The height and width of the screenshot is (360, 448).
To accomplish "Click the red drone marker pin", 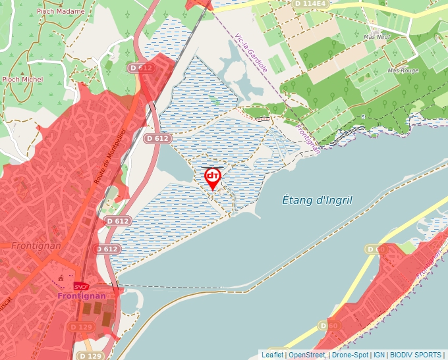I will coord(213,177).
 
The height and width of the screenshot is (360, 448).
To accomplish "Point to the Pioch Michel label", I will coord(22,80).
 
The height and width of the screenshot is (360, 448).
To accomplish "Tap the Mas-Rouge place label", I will coord(403,70).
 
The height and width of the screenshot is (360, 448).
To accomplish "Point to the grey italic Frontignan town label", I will coord(37,245).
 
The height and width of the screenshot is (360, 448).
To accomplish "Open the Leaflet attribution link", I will coord(272,355).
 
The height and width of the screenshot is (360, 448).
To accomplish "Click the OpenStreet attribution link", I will coord(306,355).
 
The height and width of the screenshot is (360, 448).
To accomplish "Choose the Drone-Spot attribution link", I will coord(350,355).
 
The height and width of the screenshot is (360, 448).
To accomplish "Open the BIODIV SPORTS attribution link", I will coord(416,355).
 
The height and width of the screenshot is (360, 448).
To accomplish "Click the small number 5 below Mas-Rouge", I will coord(362,116).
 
